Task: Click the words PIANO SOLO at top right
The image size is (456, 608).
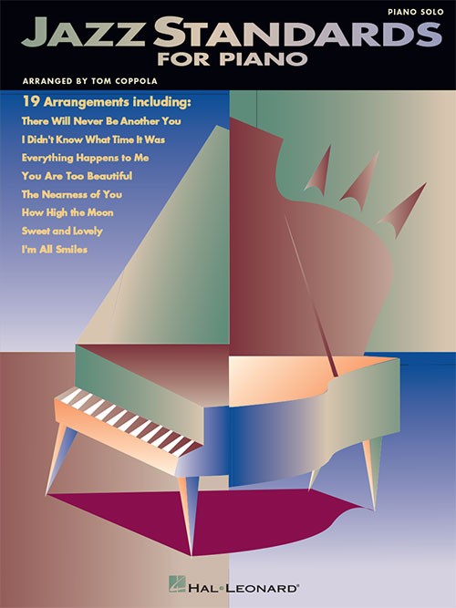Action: point(416,12)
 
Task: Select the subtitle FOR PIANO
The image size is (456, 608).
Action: point(232,59)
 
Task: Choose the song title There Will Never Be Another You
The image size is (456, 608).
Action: point(101,121)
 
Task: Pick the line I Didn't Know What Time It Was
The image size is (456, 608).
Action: point(93,139)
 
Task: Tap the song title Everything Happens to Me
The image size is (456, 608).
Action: point(86,158)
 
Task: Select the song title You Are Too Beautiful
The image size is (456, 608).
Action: point(77,176)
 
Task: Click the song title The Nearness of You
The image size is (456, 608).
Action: point(72,194)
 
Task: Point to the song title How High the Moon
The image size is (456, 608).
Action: point(67,212)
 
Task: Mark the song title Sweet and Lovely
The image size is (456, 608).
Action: point(62,232)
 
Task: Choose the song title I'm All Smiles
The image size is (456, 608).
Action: point(55,250)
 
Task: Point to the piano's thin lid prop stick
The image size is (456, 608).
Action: point(312,295)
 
